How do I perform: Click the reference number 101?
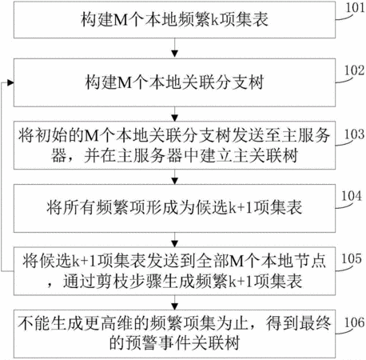[355, 7]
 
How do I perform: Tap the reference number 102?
[354, 70]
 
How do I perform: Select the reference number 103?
[354, 134]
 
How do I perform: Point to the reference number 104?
[352, 196]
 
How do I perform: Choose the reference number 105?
[352, 258]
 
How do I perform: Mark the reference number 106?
[354, 322]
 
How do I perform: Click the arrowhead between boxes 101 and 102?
[174, 54]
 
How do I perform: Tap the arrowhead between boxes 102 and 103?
[174, 118]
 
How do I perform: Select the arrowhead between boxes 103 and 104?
[174, 181]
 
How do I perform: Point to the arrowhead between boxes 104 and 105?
[174, 244]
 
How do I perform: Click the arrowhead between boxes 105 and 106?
[174, 306]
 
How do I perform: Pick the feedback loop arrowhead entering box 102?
[10, 83]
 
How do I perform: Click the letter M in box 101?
[121, 20]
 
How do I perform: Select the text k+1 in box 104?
[241, 208]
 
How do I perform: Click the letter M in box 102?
[125, 82]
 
